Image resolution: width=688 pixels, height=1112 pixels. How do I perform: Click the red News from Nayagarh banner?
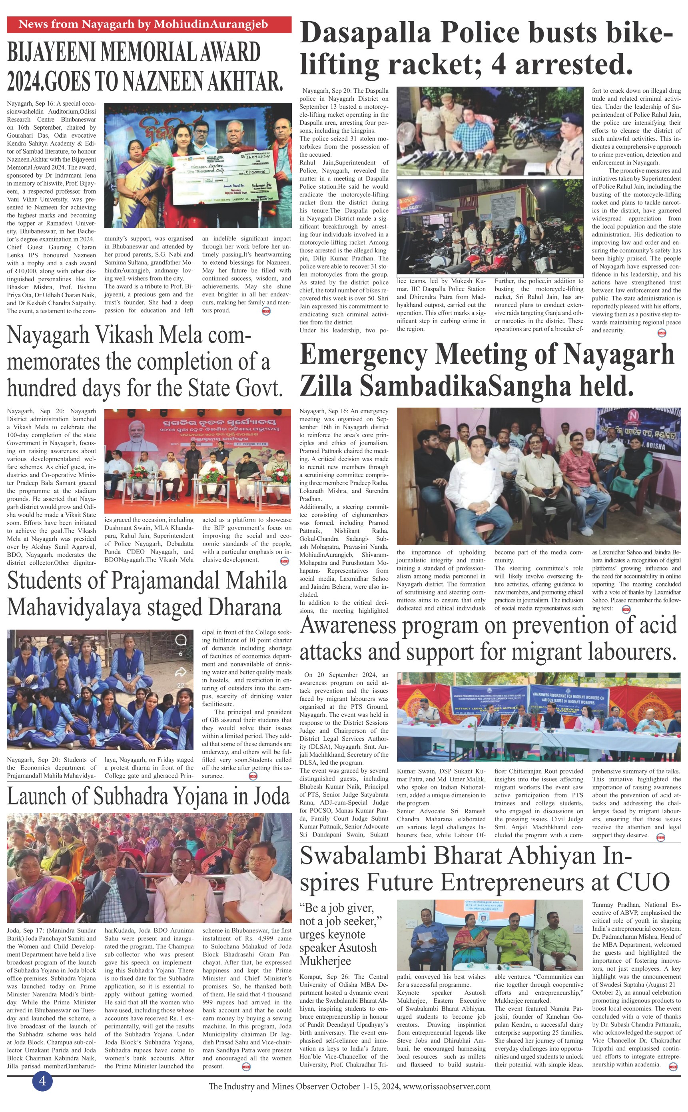click(149, 24)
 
